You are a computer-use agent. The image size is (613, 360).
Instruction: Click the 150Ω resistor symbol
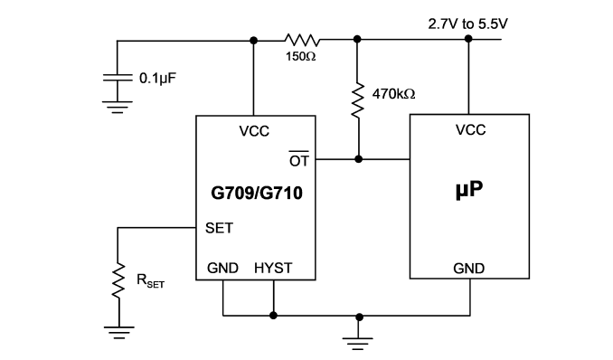[x=302, y=40]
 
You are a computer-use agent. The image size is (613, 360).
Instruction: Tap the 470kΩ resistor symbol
[x=357, y=100]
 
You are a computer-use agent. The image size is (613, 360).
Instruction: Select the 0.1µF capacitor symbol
[x=118, y=78]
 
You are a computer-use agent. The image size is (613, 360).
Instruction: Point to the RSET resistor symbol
[x=118, y=280]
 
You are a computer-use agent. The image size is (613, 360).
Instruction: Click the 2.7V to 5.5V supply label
[x=467, y=24]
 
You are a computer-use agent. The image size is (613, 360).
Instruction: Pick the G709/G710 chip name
[x=257, y=193]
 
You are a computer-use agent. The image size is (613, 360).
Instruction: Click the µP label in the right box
[x=469, y=189]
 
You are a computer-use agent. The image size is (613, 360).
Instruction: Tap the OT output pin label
[x=299, y=159]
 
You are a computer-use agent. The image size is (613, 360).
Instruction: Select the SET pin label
[x=219, y=228]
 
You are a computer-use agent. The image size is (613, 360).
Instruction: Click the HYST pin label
[x=273, y=268]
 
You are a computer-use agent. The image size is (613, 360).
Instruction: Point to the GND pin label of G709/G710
[x=222, y=268]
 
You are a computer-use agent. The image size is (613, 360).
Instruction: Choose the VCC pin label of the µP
[x=470, y=130]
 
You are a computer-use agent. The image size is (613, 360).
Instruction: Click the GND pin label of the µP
[x=468, y=269]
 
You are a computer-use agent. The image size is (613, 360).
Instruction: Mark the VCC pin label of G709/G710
[x=254, y=131]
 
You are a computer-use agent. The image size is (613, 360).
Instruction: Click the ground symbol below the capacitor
[x=118, y=107]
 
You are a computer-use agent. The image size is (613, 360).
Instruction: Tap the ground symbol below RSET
[x=118, y=332]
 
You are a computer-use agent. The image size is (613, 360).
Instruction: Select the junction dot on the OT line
[x=358, y=159]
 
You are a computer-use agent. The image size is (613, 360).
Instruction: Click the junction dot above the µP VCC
[x=468, y=39]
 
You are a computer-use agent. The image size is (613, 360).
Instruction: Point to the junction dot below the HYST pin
[x=273, y=316]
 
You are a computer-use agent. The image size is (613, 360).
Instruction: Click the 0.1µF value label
[x=157, y=79]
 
